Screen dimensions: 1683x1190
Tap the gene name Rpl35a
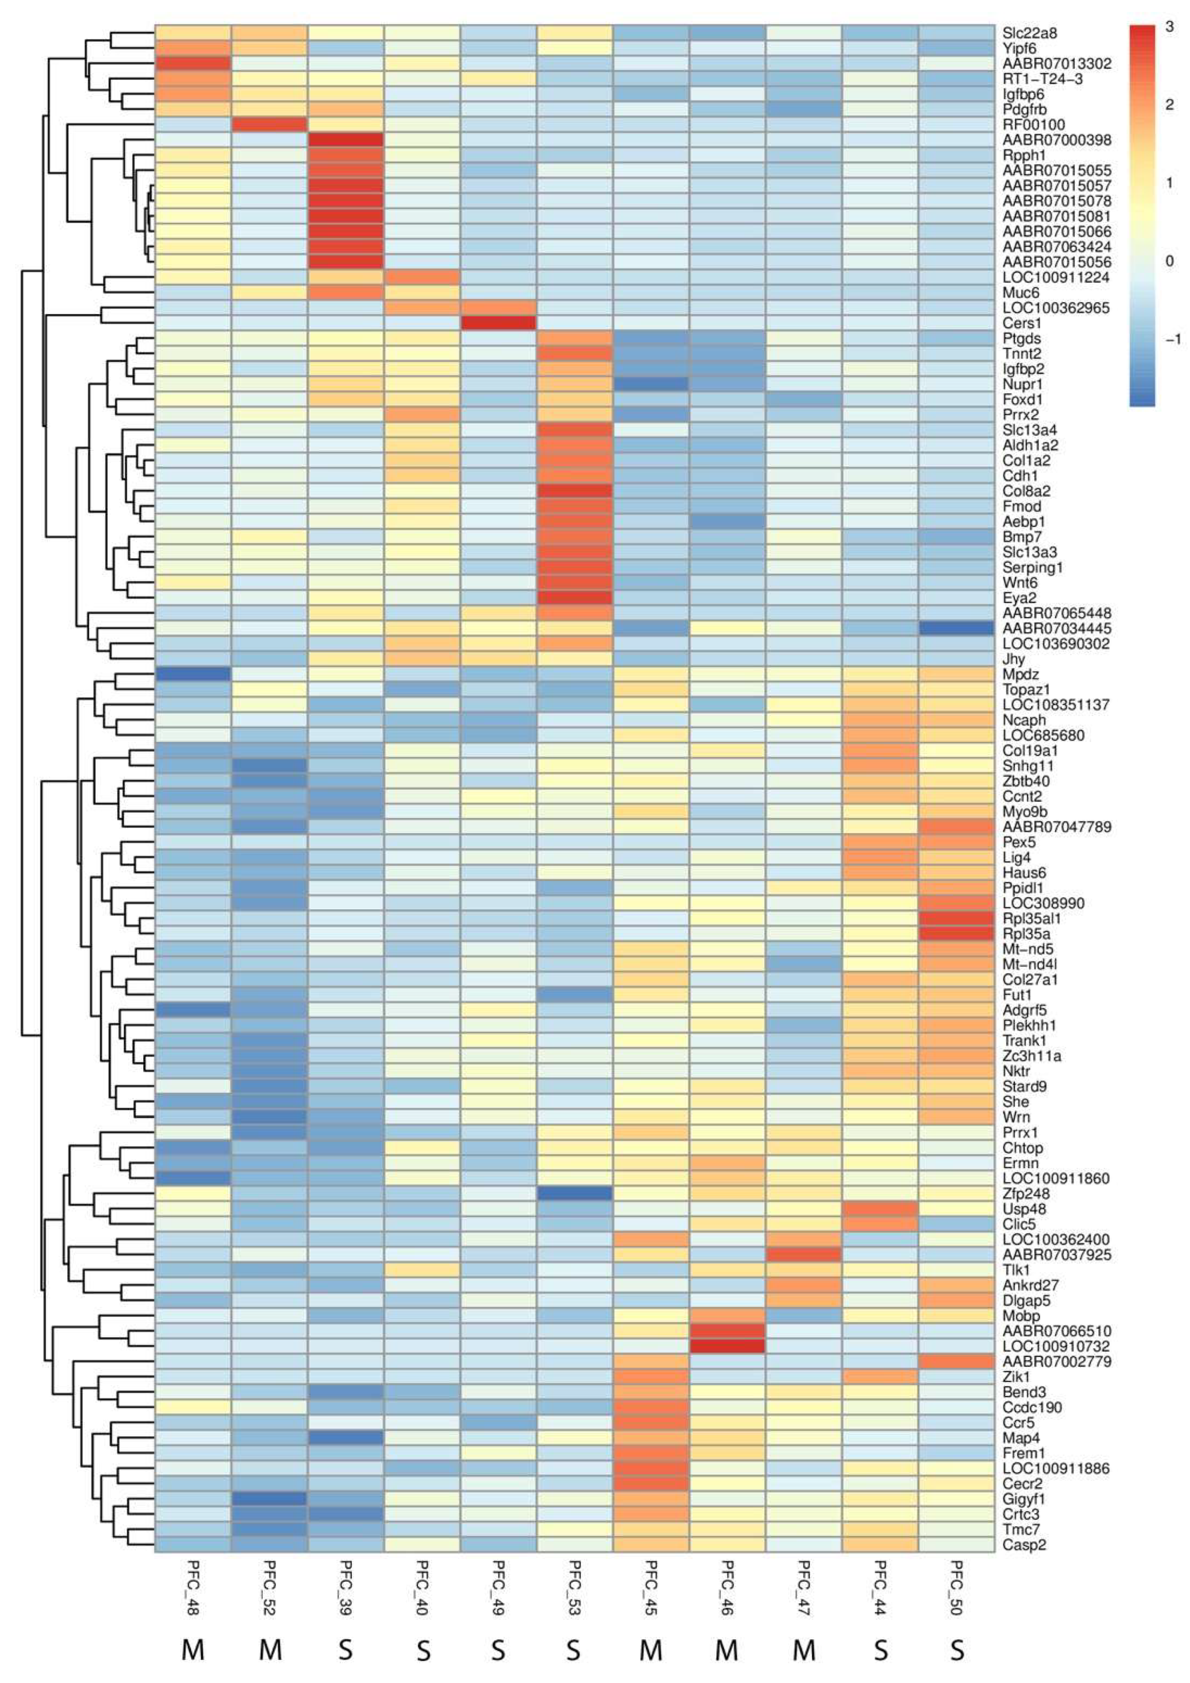pos(1026,934)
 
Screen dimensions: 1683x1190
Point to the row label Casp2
pos(1024,1545)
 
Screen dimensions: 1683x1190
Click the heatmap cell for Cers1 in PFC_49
pos(498,323)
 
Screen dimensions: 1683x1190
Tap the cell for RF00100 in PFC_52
pos(270,124)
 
